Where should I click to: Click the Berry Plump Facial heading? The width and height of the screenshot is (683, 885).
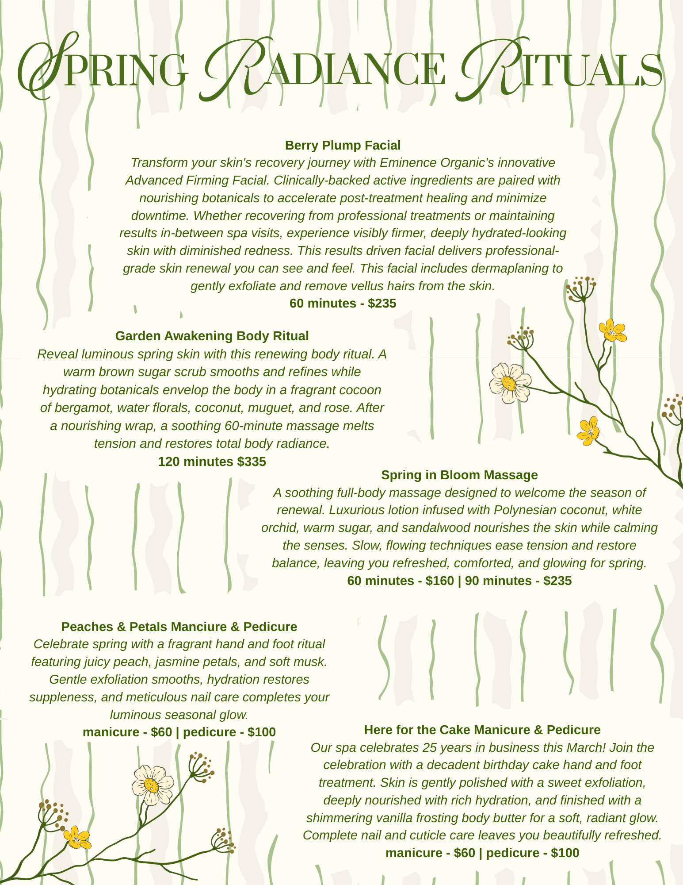(x=343, y=145)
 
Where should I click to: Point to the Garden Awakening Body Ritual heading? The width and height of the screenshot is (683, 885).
(x=212, y=336)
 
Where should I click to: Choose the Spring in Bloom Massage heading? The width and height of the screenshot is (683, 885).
(x=459, y=475)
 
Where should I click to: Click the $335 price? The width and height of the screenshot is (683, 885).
(x=252, y=462)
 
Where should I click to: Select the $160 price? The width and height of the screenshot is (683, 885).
(x=439, y=581)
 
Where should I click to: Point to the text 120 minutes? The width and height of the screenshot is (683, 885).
(x=196, y=462)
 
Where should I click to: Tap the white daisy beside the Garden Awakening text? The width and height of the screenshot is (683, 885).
(x=510, y=383)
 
